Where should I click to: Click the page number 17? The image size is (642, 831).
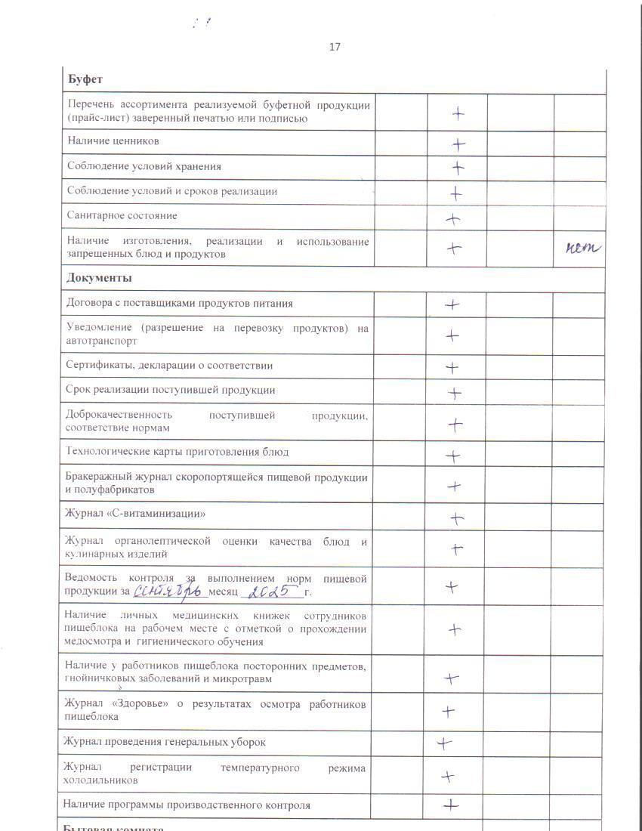point(335,47)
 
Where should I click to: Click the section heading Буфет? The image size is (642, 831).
point(85,79)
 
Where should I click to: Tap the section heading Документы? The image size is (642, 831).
point(100,278)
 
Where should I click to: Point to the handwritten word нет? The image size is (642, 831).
point(582,247)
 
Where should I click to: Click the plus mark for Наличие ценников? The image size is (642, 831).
point(458,144)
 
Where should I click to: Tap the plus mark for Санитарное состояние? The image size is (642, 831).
point(453,219)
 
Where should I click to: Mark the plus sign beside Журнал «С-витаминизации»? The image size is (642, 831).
point(456,518)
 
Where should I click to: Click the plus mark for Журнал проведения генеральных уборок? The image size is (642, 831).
point(444,743)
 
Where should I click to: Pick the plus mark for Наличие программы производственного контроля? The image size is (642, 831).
point(451,805)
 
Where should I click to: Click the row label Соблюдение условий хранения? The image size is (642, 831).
point(144,166)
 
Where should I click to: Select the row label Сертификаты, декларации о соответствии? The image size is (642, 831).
point(169,366)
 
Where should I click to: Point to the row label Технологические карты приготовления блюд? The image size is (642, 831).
point(177,453)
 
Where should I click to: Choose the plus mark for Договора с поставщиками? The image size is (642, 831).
point(452,305)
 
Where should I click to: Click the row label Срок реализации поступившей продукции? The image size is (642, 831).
point(170,391)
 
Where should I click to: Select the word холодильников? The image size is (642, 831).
point(100,780)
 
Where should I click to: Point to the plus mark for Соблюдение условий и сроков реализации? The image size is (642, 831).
point(456,193)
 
